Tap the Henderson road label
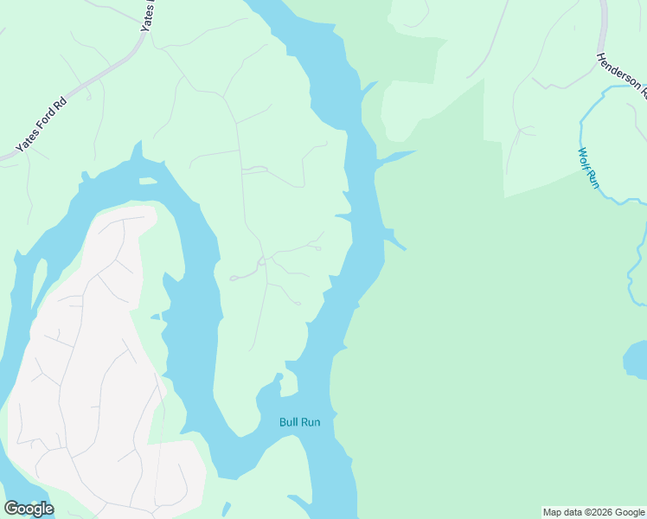(x=621, y=73)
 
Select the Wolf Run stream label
(x=588, y=167)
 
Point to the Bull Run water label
(x=299, y=422)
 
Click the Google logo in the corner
(x=29, y=509)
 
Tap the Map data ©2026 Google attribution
(x=593, y=512)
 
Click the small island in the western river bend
(x=148, y=181)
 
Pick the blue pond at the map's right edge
(x=636, y=361)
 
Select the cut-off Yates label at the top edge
(x=150, y=15)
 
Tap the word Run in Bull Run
(x=310, y=422)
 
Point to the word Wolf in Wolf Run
(x=584, y=157)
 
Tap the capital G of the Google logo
(x=11, y=509)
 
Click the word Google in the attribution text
(x=628, y=512)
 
